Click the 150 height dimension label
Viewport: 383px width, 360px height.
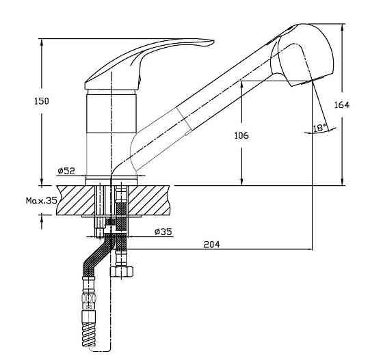(41, 101)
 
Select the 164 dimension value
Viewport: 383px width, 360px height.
(342, 105)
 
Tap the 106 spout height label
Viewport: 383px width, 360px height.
(241, 135)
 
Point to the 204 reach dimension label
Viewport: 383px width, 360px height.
(212, 244)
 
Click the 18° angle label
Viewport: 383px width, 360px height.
(319, 128)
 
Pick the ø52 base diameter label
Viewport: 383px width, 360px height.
(66, 171)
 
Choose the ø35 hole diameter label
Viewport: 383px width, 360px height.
(163, 232)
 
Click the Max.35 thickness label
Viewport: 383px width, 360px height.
(42, 200)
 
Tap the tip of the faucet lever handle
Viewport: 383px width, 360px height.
(213, 42)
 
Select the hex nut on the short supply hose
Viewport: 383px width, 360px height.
(122, 271)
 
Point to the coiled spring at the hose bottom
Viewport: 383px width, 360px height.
(88, 333)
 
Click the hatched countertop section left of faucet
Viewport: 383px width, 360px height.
(75, 200)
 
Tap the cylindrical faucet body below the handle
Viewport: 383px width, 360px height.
(111, 114)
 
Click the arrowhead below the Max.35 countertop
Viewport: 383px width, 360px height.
(42, 219)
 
